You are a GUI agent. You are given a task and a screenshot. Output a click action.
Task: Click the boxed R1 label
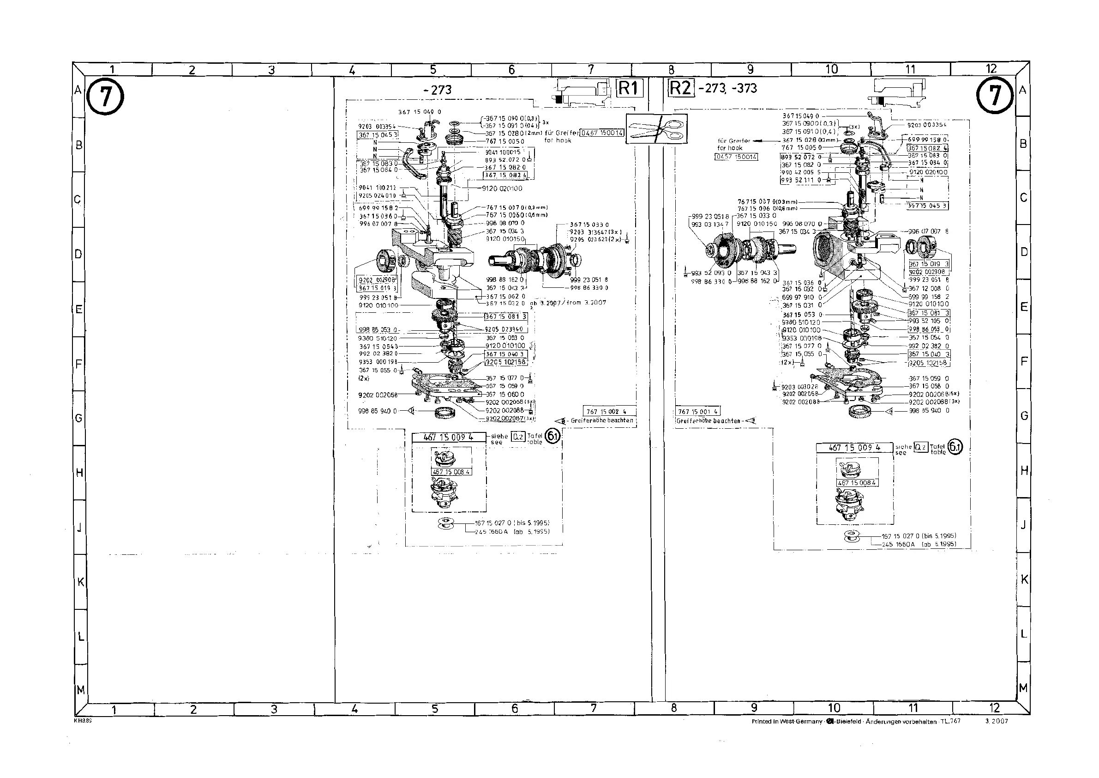pos(629,88)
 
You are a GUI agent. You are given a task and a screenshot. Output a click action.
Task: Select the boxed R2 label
pos(680,88)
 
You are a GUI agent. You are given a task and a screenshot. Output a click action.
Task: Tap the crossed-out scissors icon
pos(656,129)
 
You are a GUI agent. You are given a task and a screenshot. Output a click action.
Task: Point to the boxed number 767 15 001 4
pos(697,412)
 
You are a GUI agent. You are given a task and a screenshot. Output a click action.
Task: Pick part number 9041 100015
pos(503,152)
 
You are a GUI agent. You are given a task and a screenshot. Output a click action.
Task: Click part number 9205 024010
pos(378,196)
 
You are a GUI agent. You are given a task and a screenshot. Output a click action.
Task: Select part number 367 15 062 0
pos(505,296)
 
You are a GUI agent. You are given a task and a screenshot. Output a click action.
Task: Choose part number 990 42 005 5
pos(798,172)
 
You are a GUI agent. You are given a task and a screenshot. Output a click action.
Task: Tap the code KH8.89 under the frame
pos(82,720)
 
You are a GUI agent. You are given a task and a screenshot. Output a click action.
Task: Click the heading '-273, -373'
pos(727,88)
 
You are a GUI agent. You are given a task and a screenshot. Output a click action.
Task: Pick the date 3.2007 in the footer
pos(996,722)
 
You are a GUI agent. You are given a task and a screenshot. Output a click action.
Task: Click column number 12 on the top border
pos(991,68)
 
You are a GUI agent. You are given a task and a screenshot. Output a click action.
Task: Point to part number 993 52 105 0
pos(928,321)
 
